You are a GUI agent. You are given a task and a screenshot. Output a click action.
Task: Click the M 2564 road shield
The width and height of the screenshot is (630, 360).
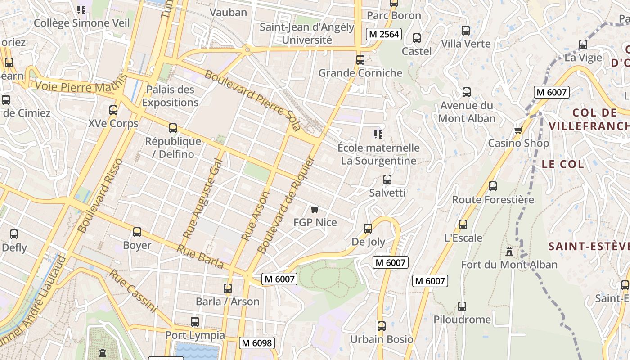click(384, 34)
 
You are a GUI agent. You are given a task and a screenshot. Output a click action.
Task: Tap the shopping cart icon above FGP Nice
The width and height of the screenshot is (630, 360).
click(315, 209)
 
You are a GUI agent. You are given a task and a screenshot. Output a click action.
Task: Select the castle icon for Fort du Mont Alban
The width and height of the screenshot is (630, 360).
click(509, 251)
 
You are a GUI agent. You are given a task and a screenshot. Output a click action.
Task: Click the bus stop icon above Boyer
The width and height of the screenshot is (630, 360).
click(137, 232)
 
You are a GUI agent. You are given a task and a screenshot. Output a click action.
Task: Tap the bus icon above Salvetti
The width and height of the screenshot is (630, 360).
click(387, 180)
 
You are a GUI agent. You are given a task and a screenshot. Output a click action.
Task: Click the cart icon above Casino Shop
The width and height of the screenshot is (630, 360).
click(518, 130)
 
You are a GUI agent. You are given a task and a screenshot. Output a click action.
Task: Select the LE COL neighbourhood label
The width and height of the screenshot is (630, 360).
click(562, 164)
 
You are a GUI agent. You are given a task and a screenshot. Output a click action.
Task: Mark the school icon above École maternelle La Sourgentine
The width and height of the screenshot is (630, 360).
click(378, 135)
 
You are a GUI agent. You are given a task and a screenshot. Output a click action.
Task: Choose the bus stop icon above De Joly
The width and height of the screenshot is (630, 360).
click(368, 229)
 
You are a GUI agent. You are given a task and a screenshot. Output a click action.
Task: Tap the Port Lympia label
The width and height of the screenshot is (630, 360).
click(195, 335)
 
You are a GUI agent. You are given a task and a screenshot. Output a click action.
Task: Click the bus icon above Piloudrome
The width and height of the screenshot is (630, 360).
click(462, 306)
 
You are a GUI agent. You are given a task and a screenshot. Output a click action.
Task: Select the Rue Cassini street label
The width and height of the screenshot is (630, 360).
click(133, 291)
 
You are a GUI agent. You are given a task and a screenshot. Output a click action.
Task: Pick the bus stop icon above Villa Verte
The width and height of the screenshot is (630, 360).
click(466, 31)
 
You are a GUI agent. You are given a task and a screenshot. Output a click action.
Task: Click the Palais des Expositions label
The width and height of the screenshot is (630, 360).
click(170, 96)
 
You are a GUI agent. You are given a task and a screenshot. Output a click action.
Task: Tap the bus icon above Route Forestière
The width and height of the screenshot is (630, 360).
click(493, 186)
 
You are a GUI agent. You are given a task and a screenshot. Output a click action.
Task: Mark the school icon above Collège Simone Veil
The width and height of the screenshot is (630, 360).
click(81, 9)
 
